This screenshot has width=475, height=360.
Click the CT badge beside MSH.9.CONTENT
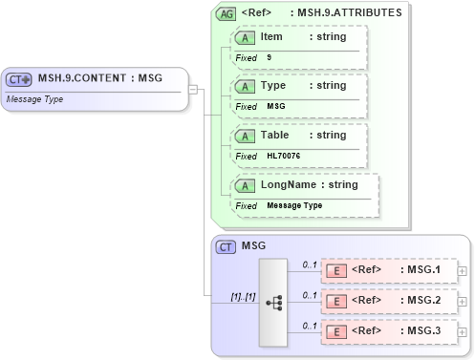coord(20,79)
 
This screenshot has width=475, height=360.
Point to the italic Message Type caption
coord(34,97)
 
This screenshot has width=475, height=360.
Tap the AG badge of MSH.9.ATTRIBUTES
coord(227,13)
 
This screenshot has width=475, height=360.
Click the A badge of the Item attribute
coord(245,36)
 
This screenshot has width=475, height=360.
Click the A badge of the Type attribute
coord(245,86)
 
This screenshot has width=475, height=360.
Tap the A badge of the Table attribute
coord(245,136)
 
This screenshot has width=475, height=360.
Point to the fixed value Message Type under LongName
coord(294,205)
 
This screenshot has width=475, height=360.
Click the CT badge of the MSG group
coord(227,247)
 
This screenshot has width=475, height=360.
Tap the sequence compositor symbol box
coord(272,301)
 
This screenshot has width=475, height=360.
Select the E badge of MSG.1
coord(336,270)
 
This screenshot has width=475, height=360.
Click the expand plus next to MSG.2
coord(463,302)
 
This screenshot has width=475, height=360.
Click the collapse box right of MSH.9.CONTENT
coord(194,91)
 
